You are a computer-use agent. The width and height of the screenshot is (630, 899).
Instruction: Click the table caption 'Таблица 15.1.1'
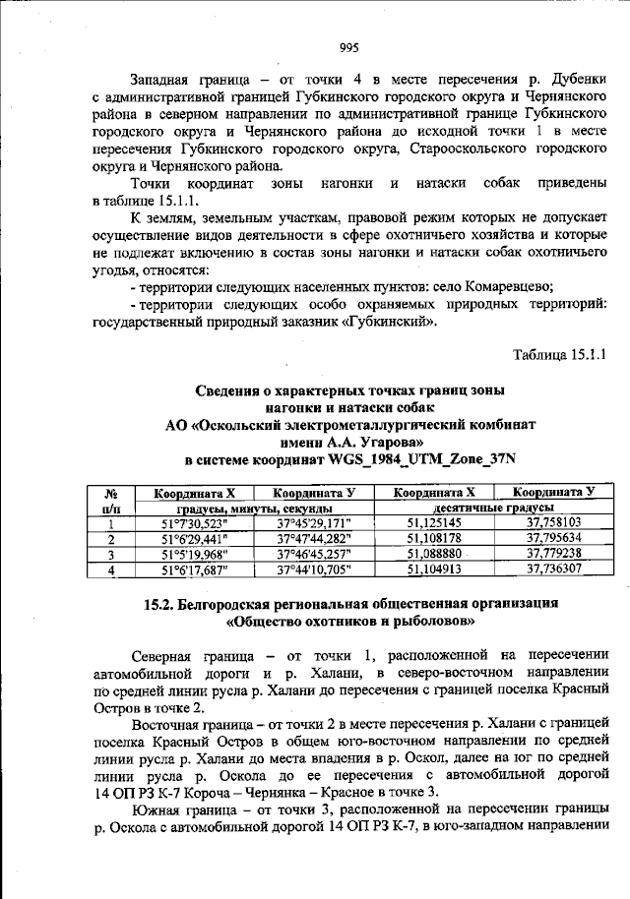564,353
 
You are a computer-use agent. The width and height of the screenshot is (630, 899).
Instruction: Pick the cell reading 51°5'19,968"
194,554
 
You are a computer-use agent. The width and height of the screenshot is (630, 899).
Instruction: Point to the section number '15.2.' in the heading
161,605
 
